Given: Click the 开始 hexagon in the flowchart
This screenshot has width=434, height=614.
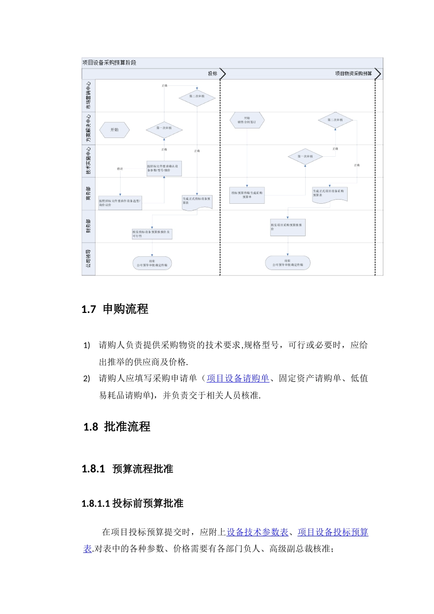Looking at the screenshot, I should click(114, 130).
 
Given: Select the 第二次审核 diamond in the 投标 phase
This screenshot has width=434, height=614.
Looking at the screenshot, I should click(197, 96).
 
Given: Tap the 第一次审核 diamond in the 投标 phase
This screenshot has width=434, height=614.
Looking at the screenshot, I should click(164, 128).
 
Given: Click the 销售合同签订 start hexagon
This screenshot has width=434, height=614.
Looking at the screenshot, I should click(247, 120).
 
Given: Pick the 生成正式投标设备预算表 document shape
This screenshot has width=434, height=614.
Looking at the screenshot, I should click(197, 201).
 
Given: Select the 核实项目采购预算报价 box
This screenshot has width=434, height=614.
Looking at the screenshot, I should click(287, 227).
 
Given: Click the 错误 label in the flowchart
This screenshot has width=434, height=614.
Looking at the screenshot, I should click(120, 169).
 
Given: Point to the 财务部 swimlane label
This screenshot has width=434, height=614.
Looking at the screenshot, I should click(88, 226).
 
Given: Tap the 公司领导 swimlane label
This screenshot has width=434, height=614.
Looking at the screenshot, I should click(88, 259).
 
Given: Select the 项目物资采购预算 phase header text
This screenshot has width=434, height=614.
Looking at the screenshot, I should click(353, 74).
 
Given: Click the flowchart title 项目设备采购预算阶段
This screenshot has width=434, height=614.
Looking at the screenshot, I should click(109, 63).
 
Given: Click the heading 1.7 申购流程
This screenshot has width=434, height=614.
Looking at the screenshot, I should click(115, 309).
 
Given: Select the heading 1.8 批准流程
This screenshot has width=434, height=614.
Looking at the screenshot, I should click(117, 427).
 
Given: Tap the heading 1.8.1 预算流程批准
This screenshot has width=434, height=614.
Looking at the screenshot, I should click(127, 469).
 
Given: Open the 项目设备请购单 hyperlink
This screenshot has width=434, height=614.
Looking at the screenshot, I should click(238, 378).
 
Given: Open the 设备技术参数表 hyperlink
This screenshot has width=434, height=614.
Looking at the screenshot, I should click(258, 532).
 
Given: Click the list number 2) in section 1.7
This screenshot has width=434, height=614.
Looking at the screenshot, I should click(87, 379).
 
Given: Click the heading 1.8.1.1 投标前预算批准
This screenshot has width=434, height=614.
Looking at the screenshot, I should click(132, 503).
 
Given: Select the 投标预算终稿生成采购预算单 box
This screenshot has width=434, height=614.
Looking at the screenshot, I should click(247, 195).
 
